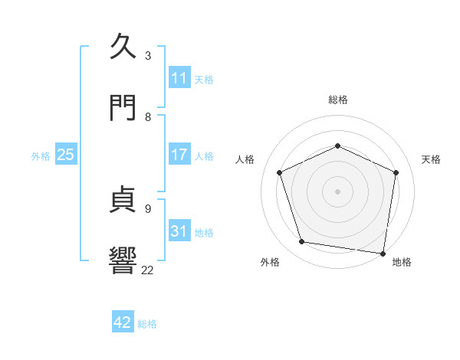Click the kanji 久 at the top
coord(125,46)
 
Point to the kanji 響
coord(125,260)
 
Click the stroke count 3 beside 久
coord(148,55)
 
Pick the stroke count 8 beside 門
coord(148,116)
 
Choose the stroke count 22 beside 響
coord(148,270)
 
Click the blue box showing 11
coord(179,78)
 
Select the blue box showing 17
coord(179,155)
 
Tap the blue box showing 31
coord(179,231)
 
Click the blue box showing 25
coord(66,155)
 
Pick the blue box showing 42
coord(123,322)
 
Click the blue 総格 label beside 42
coord(147,324)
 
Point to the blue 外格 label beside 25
coord(41,155)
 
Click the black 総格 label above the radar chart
coord(337,100)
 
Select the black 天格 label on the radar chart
coord(431,159)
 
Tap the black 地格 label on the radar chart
coord(402,262)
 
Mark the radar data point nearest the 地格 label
coord(383,253)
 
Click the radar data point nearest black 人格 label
coord(280,172)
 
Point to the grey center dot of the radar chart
coord(337,191)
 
